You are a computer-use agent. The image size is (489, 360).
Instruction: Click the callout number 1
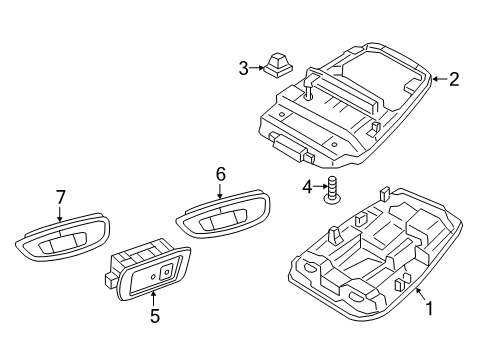click(430, 308)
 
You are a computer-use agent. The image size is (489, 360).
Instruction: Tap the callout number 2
click(454, 79)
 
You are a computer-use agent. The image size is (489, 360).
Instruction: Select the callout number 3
click(244, 69)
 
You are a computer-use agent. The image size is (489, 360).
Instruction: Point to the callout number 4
click(307, 187)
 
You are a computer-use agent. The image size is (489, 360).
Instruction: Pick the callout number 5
click(155, 316)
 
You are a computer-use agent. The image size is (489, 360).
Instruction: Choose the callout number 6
click(221, 174)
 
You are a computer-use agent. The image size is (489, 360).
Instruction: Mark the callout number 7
click(60, 197)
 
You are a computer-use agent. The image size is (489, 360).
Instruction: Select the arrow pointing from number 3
click(256, 68)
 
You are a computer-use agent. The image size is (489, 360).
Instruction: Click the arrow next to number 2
click(440, 79)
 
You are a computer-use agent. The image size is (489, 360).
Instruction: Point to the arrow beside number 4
click(319, 187)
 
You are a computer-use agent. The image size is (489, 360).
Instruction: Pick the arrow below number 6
click(220, 192)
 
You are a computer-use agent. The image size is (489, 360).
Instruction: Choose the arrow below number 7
click(60, 214)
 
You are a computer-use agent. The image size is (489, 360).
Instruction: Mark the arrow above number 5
click(153, 298)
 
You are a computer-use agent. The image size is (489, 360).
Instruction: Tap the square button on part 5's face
click(166, 272)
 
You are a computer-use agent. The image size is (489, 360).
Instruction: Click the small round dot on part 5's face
click(153, 277)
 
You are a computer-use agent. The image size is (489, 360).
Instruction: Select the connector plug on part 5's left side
click(110, 280)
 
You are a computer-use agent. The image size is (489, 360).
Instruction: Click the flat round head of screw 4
click(332, 199)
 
